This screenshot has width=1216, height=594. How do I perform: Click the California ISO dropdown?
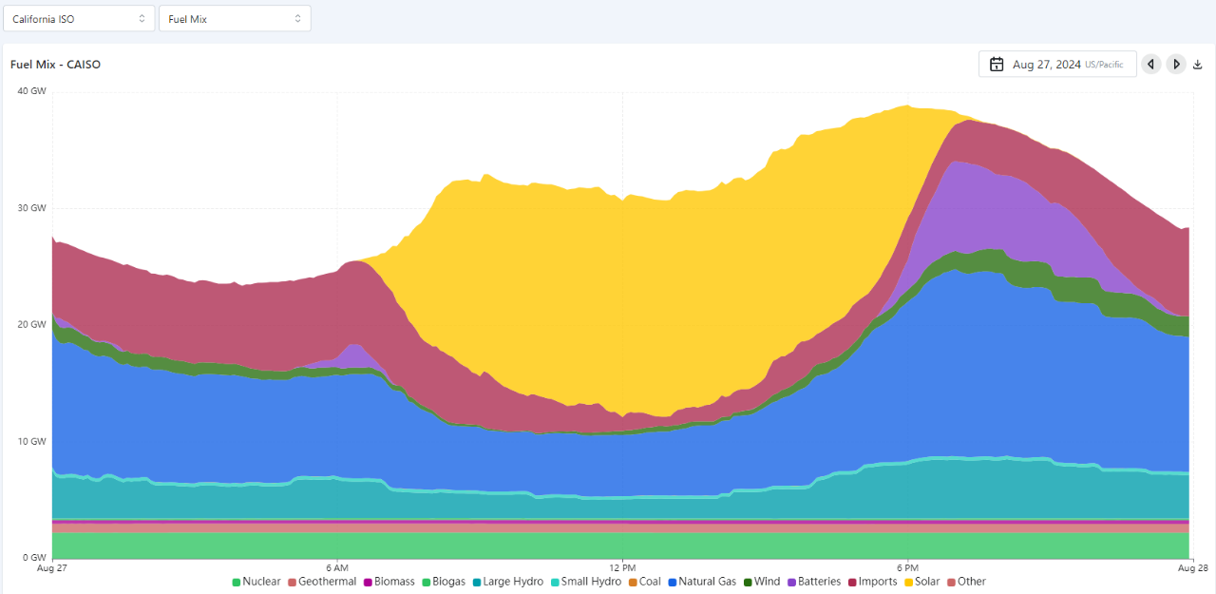click(79, 19)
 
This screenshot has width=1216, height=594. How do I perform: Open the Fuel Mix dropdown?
click(235, 19)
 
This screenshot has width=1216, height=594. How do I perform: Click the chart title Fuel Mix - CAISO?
click(55, 65)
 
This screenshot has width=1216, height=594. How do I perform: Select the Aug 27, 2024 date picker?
click(1057, 65)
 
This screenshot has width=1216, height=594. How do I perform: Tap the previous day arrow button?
click(1151, 65)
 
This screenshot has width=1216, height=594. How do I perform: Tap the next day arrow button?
click(1176, 65)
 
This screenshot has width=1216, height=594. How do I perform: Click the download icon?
click(1198, 65)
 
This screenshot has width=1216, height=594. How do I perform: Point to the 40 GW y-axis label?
click(32, 91)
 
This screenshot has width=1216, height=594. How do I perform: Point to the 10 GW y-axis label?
click(32, 441)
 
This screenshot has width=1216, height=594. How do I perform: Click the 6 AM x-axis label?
click(336, 567)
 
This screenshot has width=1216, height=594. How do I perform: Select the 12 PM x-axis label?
click(622, 567)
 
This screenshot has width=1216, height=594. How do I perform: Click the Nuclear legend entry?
click(256, 582)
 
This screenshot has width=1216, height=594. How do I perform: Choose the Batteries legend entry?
click(813, 582)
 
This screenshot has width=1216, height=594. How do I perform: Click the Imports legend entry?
click(872, 582)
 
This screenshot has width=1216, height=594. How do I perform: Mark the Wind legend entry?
click(761, 582)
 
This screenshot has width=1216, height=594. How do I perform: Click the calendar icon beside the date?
click(997, 65)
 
